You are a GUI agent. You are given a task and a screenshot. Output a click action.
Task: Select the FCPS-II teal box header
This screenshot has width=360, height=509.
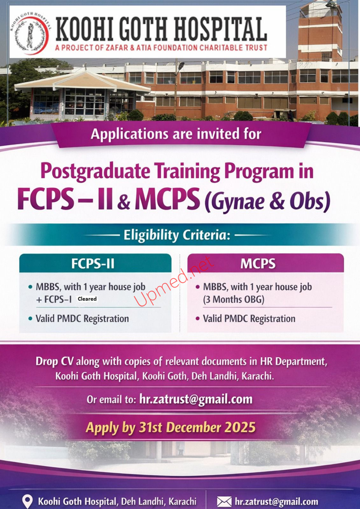click(95, 263)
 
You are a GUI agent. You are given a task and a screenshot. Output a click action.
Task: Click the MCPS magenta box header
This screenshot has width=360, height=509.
click(265, 263)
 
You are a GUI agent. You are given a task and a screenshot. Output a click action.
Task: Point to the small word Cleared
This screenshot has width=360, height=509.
click(87, 299)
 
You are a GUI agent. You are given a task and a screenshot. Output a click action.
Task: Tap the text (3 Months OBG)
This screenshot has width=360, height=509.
click(234, 299)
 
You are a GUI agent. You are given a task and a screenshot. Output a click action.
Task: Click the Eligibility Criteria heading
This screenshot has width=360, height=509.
click(177, 235)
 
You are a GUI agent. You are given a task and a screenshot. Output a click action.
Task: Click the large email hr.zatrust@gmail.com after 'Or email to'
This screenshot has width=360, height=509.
click(196, 399)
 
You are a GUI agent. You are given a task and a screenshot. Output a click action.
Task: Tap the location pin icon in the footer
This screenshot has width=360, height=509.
click(27, 501)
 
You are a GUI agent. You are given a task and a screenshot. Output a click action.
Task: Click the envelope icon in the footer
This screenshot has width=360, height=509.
click(224, 502)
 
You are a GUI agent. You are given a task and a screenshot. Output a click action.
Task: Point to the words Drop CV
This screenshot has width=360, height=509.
click(54, 361)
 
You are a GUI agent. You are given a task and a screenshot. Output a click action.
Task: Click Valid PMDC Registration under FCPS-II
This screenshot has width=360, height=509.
click(82, 318)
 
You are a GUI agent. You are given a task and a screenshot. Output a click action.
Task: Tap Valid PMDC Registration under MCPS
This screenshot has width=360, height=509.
click(249, 318)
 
